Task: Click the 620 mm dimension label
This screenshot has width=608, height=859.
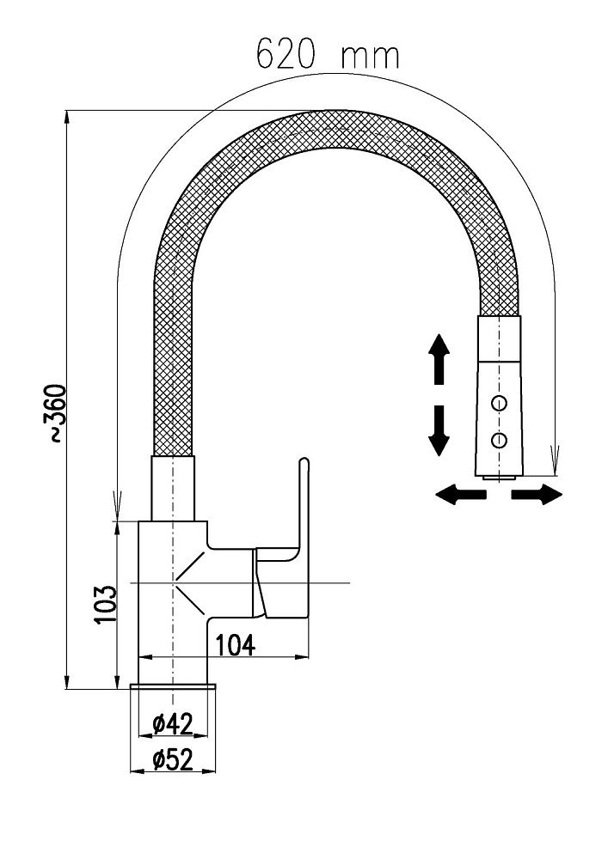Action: pos(328,55)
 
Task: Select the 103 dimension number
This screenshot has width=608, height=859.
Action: pos(104,605)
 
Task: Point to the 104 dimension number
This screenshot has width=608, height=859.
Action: pos(234,643)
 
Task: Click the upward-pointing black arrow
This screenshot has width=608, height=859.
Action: pos(439,360)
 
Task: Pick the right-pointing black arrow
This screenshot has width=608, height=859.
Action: pos(537,494)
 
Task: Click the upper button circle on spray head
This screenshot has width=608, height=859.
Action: pos(498,402)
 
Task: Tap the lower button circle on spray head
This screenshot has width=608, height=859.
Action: pos(498,440)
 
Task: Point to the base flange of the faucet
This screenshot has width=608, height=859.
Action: pos(173,687)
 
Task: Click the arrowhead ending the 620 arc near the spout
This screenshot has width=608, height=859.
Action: pos(556,465)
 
